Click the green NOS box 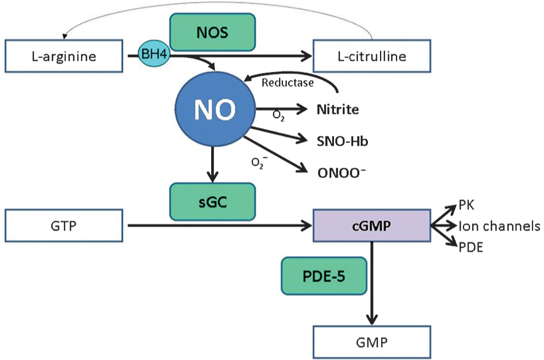point(212,32)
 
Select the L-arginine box point(64,56)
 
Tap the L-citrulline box point(372,56)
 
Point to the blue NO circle point(215,110)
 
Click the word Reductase point(287,83)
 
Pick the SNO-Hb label point(342,141)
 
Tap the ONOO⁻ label point(342,173)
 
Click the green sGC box point(212,202)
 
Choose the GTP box point(64,226)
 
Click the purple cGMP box point(372,226)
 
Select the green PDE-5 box point(324,276)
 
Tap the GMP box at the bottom point(372,342)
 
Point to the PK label point(466,205)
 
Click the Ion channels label point(499,226)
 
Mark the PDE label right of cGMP point(471,248)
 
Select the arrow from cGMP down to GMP point(372,283)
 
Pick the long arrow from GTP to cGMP point(220,226)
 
